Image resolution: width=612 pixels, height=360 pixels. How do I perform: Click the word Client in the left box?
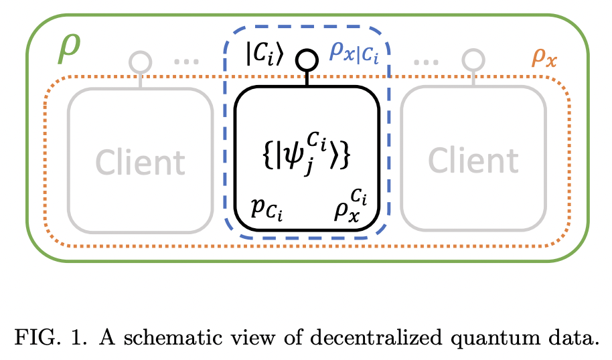[x=140, y=161]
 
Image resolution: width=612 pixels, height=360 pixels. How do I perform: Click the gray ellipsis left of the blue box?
[x=186, y=62]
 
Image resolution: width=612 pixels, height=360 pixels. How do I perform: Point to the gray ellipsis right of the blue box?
[x=426, y=62]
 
